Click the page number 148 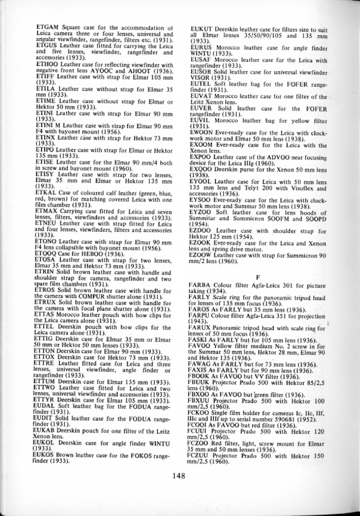[180, 484]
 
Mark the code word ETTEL [44, 315]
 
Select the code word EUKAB [45, 418]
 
